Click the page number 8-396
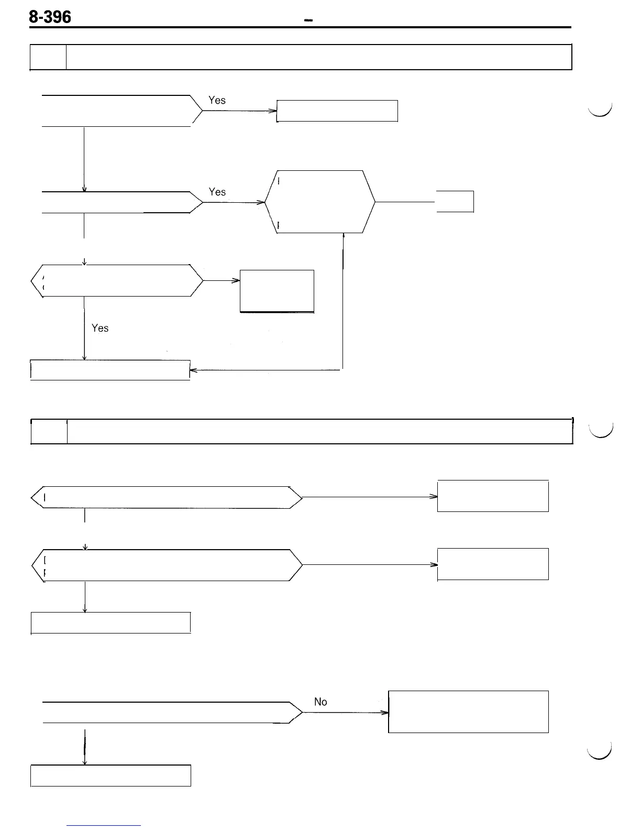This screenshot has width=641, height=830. point(50,17)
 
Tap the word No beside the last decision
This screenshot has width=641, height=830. point(320,702)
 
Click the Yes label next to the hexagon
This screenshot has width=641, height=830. point(217,192)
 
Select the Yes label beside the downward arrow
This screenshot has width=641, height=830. point(100,328)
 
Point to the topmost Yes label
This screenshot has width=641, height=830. point(217,100)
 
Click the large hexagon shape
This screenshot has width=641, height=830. point(320,202)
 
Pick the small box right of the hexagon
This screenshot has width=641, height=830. point(455,202)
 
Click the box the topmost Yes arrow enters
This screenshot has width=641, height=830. point(337,111)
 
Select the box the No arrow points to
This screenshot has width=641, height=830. point(468,712)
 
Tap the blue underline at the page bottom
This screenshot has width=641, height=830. point(104,825)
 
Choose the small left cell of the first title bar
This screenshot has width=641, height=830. point(48,57)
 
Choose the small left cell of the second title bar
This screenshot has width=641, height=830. point(49,431)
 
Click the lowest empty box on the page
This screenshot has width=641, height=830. point(110,776)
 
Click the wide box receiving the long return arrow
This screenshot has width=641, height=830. point(110,370)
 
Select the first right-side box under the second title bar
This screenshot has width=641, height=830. point(493,496)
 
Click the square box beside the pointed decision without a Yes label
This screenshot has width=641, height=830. point(277,291)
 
